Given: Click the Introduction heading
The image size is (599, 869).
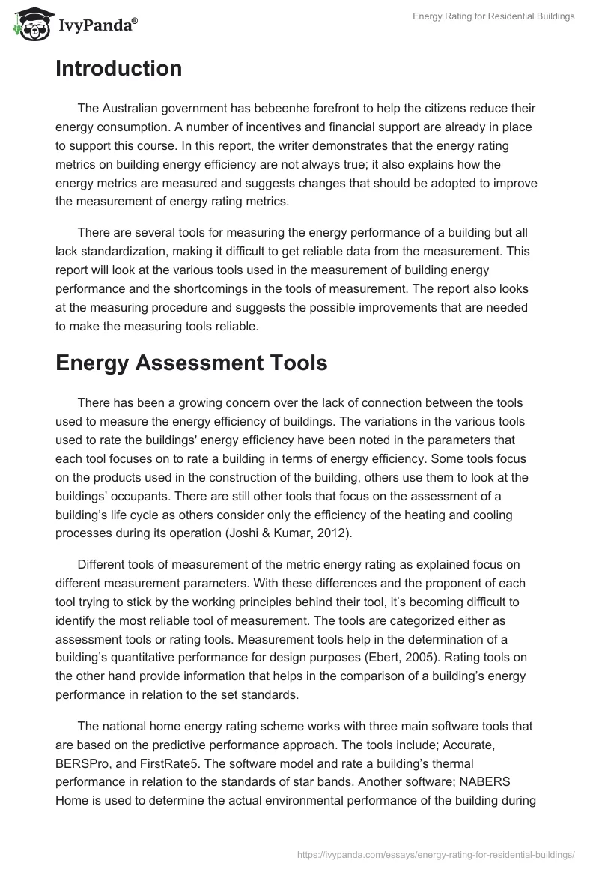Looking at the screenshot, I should [118, 69].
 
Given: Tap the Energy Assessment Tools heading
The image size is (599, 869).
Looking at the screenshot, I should [191, 363].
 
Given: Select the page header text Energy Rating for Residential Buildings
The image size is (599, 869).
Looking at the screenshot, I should [493, 16].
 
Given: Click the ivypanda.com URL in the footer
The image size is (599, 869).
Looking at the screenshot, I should [437, 853].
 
